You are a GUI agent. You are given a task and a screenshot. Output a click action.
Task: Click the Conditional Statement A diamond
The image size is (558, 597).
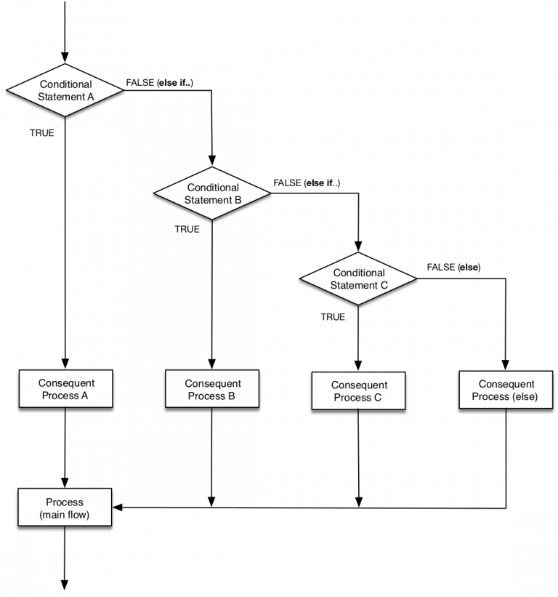click(65, 90)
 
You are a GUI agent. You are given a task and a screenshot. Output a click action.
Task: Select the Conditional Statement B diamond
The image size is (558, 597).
click(212, 193)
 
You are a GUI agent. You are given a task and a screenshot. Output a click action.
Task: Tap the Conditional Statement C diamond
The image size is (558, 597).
click(359, 279)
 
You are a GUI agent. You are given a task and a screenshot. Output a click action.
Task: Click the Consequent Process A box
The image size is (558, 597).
click(65, 389)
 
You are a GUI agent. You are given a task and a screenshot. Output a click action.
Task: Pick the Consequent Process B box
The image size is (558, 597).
click(212, 389)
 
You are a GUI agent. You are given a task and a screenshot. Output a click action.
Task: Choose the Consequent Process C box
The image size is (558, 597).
click(359, 390)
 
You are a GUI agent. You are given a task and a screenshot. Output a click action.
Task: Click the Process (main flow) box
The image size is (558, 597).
click(65, 508)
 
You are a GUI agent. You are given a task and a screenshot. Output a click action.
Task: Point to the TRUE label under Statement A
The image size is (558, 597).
click(41, 133)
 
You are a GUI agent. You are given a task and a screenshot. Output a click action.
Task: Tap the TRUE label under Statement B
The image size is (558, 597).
click(187, 229)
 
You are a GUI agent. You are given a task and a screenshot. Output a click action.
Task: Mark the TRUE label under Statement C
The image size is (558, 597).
click(333, 317)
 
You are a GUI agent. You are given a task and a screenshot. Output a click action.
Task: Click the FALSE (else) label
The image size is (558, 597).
click(453, 267)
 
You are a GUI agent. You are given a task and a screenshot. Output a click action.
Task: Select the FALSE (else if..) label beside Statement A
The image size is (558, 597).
click(161, 82)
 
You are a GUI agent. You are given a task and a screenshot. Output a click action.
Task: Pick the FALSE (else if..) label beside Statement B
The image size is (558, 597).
click(307, 183)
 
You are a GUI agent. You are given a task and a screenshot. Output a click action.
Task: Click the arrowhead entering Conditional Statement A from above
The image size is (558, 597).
click(65, 58)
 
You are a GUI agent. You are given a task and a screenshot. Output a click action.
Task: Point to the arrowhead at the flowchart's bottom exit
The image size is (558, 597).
click(65, 584)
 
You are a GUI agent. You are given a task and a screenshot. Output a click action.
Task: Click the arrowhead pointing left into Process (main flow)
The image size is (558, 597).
click(117, 508)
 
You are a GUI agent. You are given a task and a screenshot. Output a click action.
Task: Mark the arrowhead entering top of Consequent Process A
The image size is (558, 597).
click(65, 364)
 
